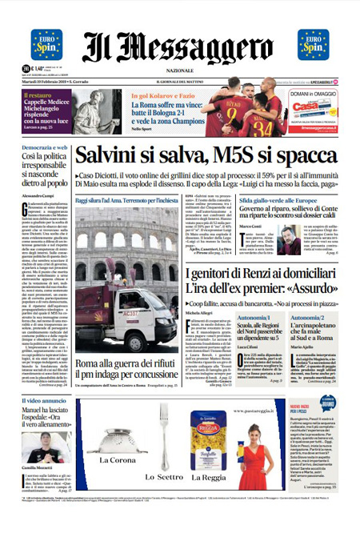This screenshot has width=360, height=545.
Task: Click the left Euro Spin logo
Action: [46, 45]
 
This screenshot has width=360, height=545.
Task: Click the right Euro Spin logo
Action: [313, 45]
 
